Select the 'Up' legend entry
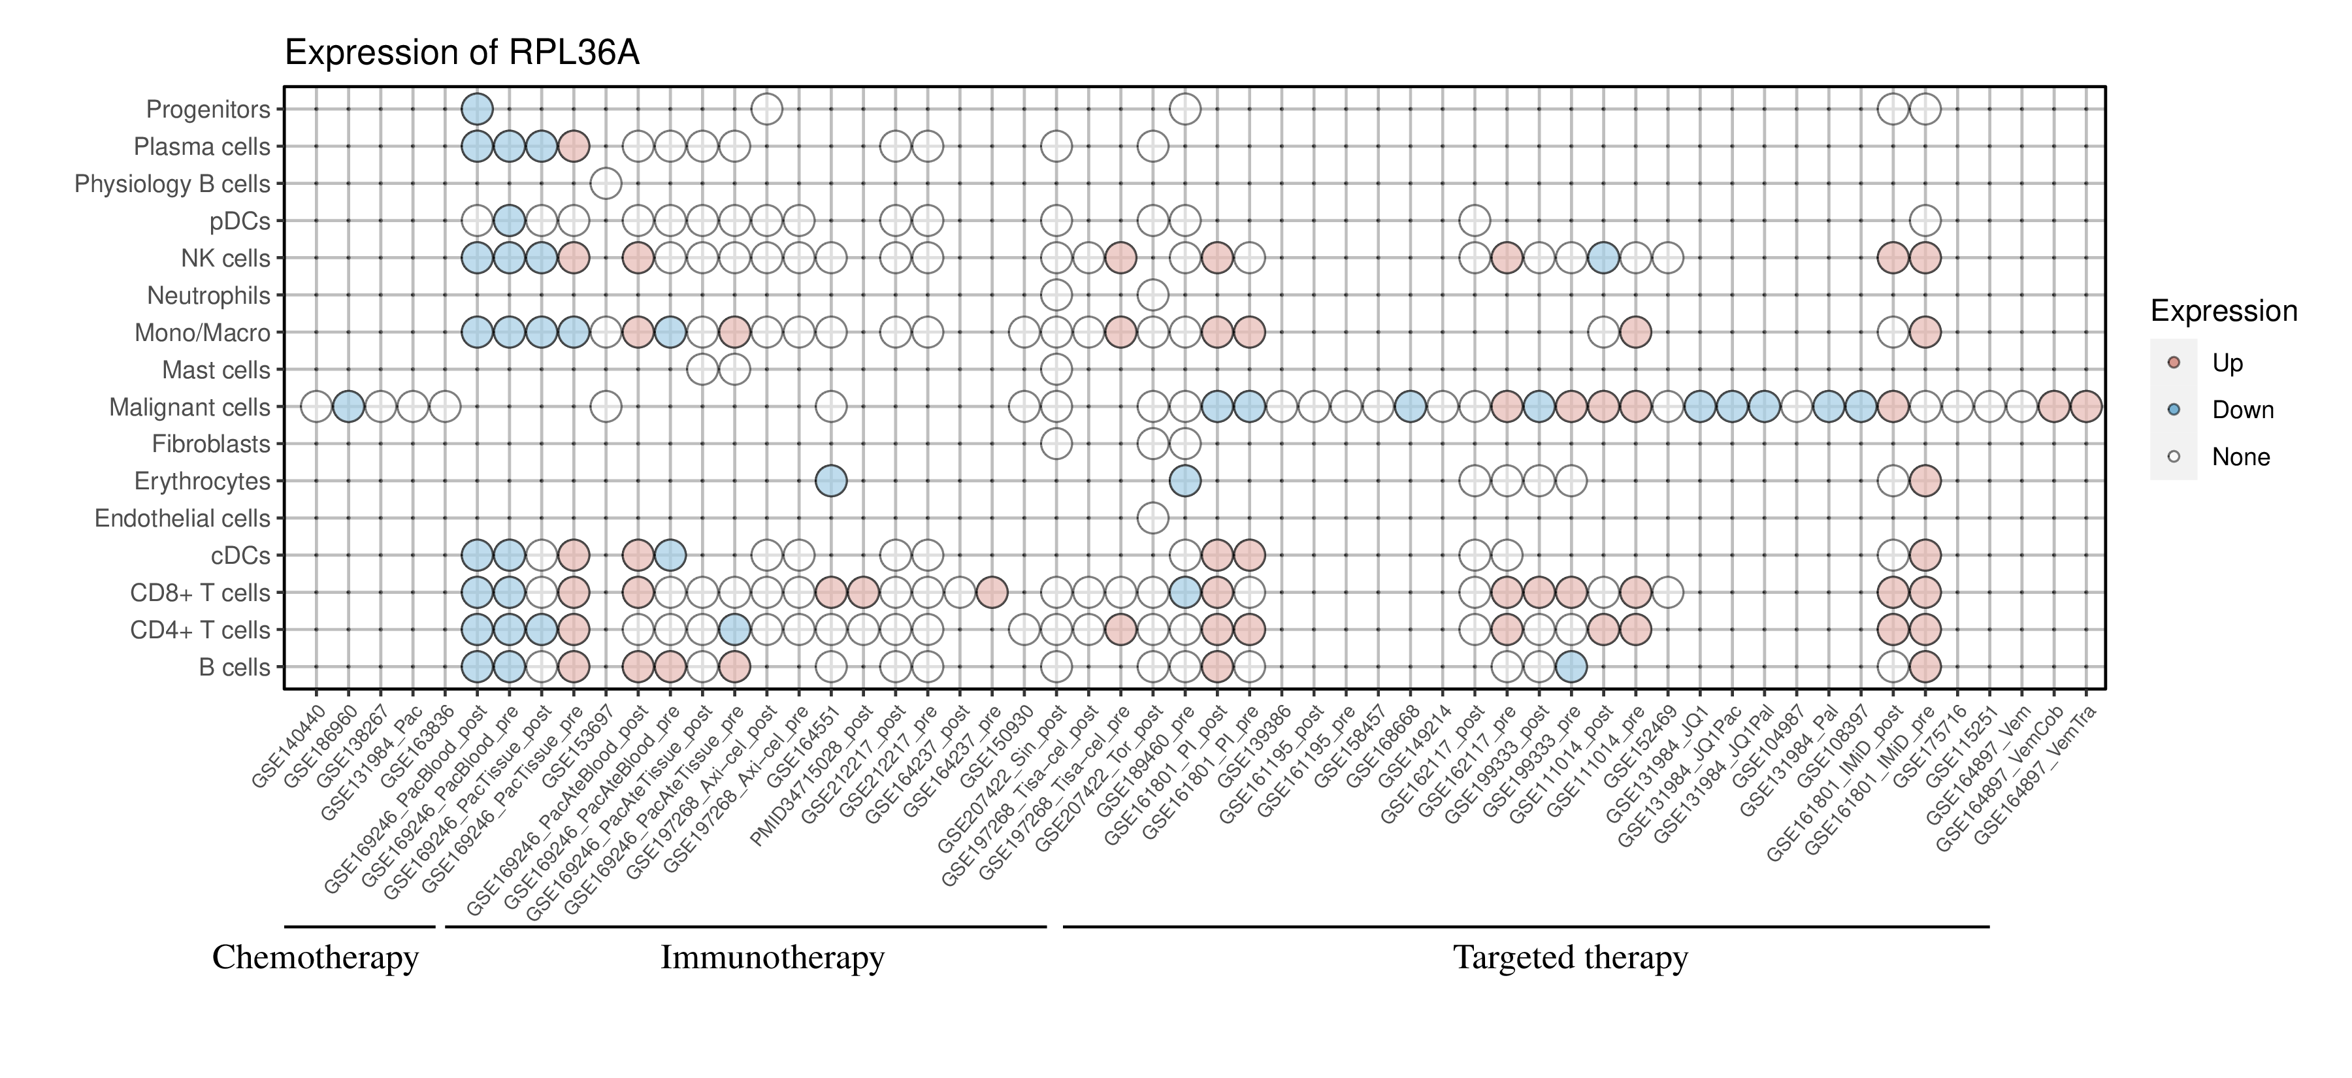click(x=2227, y=363)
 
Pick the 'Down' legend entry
click(x=2242, y=410)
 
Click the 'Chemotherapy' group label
click(x=315, y=958)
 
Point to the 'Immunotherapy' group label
click(x=772, y=958)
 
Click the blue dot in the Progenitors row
click(x=477, y=110)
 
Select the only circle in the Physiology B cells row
click(x=606, y=184)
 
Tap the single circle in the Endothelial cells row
click(x=1152, y=519)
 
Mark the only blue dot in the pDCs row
click(x=508, y=221)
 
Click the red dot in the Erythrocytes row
click(x=1925, y=481)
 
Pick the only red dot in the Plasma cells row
click(x=574, y=146)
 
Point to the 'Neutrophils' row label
click(x=208, y=296)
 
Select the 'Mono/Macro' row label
click(x=202, y=333)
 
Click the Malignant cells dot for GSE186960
click(x=348, y=407)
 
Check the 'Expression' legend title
click(x=2223, y=311)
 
